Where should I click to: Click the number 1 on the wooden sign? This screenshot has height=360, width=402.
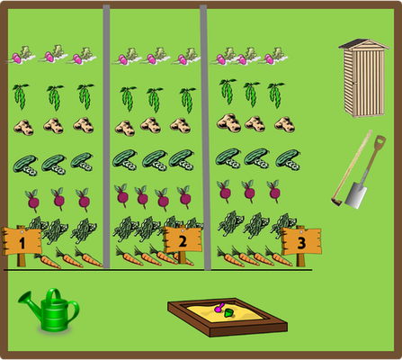pyautogui.click(x=22, y=243)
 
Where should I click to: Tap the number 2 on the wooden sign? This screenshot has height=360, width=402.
pyautogui.click(x=183, y=241)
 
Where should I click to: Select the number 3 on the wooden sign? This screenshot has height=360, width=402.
pyautogui.click(x=301, y=243)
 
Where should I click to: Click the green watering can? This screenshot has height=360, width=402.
pyautogui.click(x=50, y=310)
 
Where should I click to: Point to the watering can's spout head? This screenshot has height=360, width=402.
pyautogui.click(x=23, y=297)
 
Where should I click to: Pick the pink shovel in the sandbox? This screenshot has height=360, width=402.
pyautogui.click(x=219, y=308)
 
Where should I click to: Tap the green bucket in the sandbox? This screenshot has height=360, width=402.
pyautogui.click(x=229, y=313)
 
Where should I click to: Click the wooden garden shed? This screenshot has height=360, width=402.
pyautogui.click(x=364, y=78)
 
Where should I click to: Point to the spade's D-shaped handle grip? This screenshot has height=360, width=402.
pyautogui.click(x=380, y=141)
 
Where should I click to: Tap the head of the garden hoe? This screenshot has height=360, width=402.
pyautogui.click(x=336, y=201)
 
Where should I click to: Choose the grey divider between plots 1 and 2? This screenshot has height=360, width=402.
pyautogui.click(x=106, y=137)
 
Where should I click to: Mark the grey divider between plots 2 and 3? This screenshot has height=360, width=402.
pyautogui.click(x=204, y=138)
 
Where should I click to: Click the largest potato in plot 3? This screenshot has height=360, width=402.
pyautogui.click(x=228, y=123)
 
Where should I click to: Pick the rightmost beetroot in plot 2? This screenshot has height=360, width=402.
pyautogui.click(x=184, y=196)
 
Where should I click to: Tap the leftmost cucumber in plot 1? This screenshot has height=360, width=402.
pyautogui.click(x=25, y=165)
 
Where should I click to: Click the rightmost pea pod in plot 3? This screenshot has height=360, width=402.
pyautogui.click(x=276, y=95)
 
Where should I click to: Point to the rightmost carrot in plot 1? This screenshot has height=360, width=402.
pyautogui.click(x=88, y=257)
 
